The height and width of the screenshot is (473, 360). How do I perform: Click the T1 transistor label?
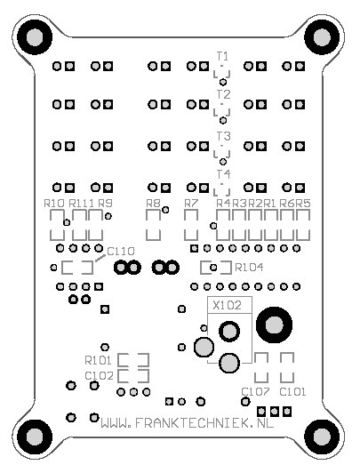click(222, 56)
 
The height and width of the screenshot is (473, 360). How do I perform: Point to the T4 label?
click(224, 174)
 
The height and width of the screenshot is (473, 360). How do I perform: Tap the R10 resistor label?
click(54, 203)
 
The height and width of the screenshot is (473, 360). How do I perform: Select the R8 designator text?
click(153, 203)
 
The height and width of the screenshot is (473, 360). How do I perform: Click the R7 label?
click(191, 203)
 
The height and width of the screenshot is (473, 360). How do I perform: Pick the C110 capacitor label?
click(121, 252)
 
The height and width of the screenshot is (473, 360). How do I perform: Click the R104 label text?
click(249, 268)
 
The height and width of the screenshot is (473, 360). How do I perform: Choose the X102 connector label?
click(228, 305)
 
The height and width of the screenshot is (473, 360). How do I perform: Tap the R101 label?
click(99, 360)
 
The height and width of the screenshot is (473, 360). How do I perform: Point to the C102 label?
click(100, 376)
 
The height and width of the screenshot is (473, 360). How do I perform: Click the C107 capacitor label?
click(256, 391)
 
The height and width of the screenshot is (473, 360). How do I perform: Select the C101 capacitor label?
click(292, 391)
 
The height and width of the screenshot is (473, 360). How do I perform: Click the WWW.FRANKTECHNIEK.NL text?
click(188, 423)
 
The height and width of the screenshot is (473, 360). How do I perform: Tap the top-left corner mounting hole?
click(35, 37)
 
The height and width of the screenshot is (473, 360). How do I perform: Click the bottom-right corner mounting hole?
click(322, 437)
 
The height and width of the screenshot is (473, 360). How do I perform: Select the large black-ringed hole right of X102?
click(274, 325)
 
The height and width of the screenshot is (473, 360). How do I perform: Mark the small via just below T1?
click(223, 82)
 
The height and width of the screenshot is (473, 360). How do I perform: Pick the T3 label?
click(224, 136)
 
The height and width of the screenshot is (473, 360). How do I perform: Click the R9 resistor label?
click(105, 203)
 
